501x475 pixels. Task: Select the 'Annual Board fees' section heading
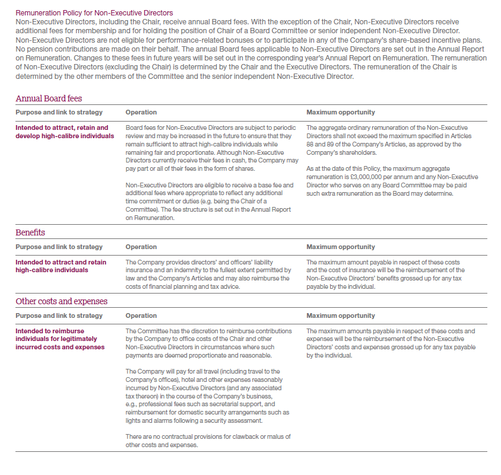[x=49, y=98]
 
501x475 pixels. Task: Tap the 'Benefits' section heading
[x=30, y=232]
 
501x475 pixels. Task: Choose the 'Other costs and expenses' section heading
[x=62, y=301]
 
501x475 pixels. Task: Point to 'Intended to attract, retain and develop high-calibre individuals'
[x=62, y=132]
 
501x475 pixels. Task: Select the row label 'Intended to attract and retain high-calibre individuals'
[x=61, y=266]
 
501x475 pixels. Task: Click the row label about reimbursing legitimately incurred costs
[x=60, y=339]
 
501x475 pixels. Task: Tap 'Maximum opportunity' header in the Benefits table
[x=341, y=247]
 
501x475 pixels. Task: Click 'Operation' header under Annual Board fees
[x=141, y=112]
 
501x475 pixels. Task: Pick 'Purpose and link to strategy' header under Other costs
[x=59, y=315]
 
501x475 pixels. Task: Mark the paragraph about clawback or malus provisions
[x=208, y=441]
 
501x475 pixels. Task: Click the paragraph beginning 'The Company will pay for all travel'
[x=208, y=396]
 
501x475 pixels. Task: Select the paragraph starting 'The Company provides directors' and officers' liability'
[x=208, y=275]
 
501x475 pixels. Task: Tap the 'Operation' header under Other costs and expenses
[x=141, y=315]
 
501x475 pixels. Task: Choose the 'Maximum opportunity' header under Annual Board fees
[x=341, y=112]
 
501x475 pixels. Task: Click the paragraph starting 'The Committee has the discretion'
[x=208, y=343]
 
